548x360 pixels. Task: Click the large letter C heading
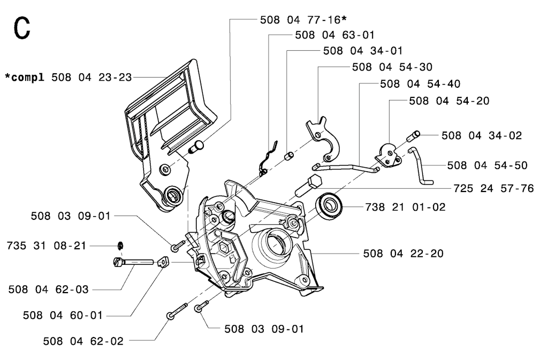click(21, 28)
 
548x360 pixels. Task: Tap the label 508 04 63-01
click(335, 35)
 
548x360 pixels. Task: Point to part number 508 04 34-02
click(482, 135)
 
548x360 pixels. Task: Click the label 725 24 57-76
click(493, 188)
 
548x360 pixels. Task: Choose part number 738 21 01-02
click(406, 207)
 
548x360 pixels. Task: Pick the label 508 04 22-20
click(404, 253)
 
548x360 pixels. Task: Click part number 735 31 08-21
click(47, 246)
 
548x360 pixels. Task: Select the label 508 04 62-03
click(49, 289)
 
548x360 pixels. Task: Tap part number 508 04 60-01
click(63, 315)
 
